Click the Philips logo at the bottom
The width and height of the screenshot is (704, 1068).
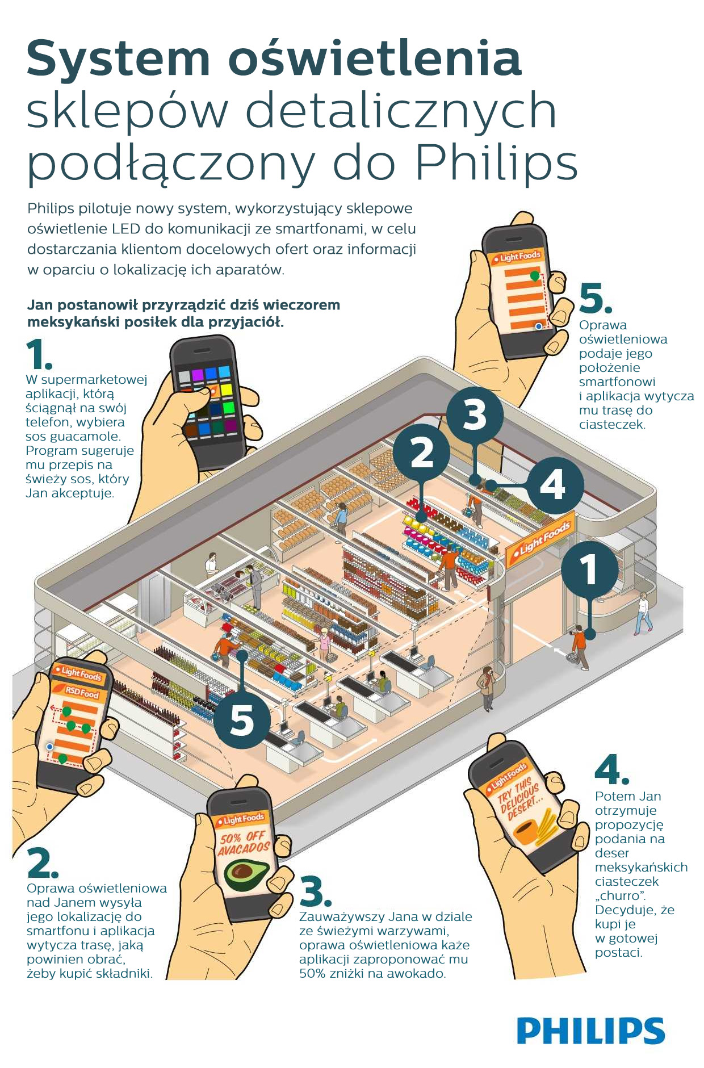click(590, 1031)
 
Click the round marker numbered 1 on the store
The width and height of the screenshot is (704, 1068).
click(590, 569)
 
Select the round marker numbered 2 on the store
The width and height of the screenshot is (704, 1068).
click(421, 453)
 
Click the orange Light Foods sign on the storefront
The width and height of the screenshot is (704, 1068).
click(540, 539)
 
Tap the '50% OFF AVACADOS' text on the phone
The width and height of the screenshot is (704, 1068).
click(245, 843)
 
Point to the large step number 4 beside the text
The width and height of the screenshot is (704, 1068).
click(611, 769)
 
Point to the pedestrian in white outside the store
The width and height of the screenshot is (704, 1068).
click(643, 613)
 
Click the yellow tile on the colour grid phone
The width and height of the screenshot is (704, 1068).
click(227, 390)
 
